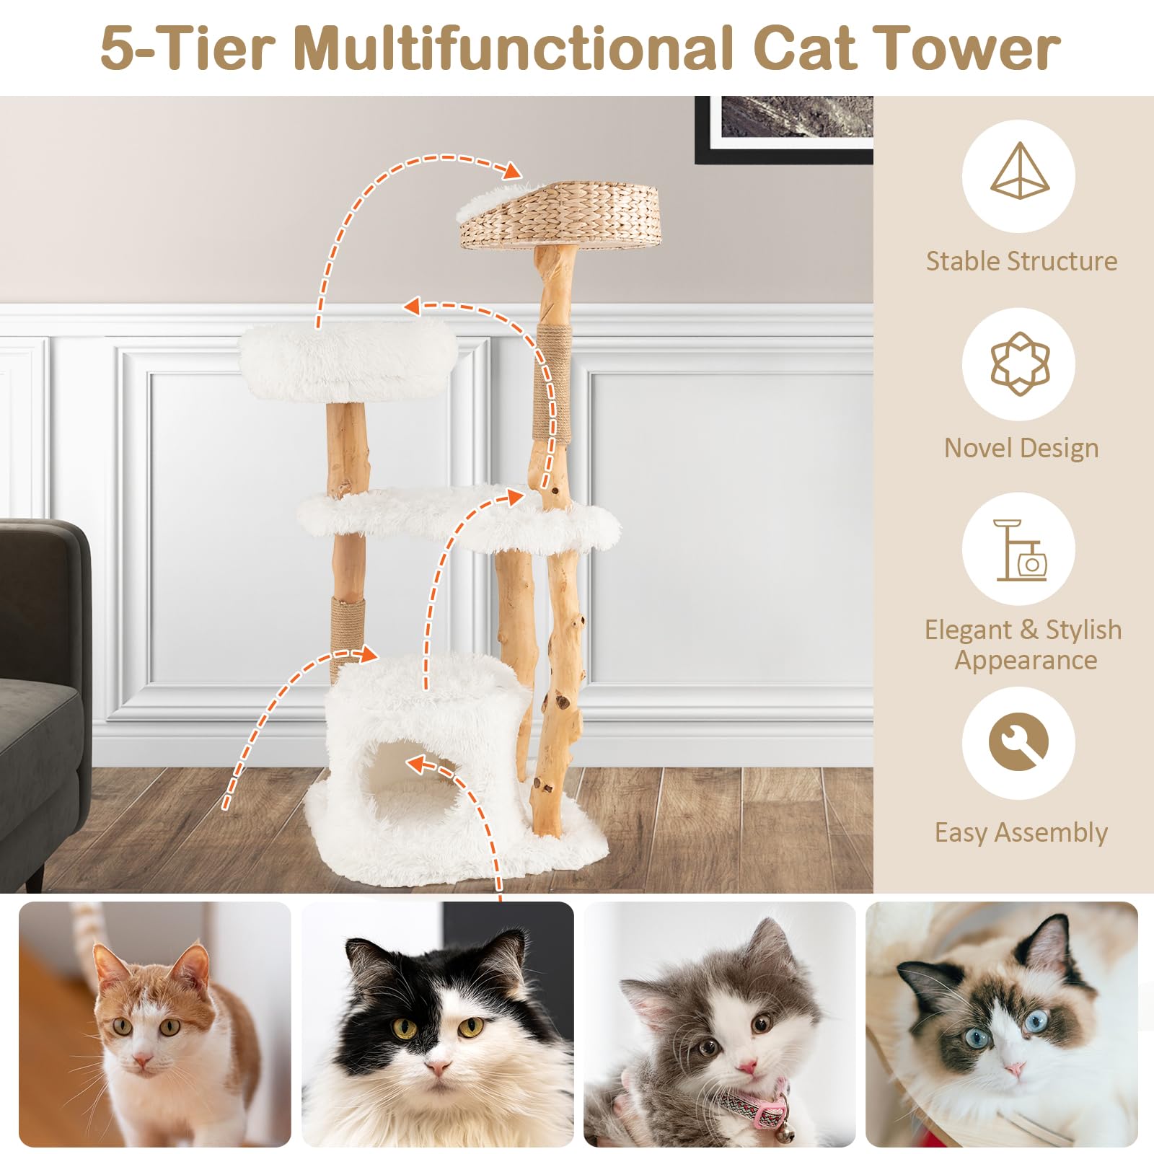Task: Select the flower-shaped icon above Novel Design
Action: pos(1018,364)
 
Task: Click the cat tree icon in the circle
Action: pos(1018,551)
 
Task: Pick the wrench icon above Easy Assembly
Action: pos(1018,743)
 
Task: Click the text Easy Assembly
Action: pos(1021,832)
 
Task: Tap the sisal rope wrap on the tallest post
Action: pos(553,382)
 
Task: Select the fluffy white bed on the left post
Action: pos(348,362)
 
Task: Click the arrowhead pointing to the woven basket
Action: pos(511,171)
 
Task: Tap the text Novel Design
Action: pos(1021,448)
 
